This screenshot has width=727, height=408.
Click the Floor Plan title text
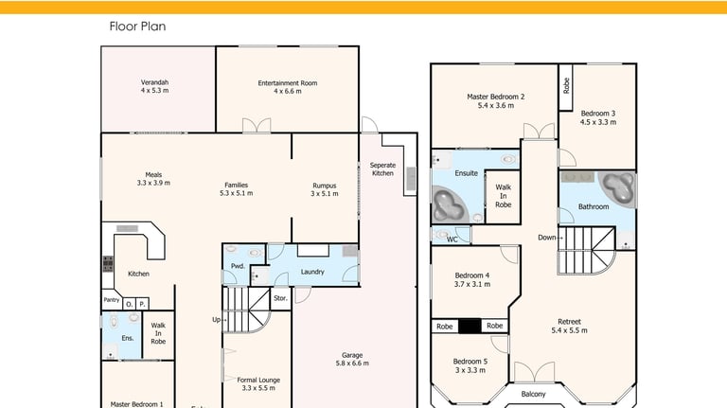click(x=137, y=27)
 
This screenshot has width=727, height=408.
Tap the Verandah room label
click(x=155, y=82)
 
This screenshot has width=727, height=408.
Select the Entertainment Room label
click(x=288, y=83)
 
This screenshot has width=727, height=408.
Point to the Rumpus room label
click(x=324, y=186)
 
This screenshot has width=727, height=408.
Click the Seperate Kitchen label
click(x=383, y=169)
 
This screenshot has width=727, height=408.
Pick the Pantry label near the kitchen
click(x=112, y=300)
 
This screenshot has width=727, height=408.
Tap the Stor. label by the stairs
click(x=280, y=298)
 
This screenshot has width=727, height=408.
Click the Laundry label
click(x=312, y=272)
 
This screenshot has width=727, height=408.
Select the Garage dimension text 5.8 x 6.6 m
click(x=352, y=364)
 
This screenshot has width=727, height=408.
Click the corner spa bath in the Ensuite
click(x=448, y=204)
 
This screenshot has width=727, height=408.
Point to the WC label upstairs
click(x=452, y=239)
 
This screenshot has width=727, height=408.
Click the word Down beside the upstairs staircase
click(x=546, y=238)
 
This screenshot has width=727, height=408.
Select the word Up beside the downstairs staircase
click(x=216, y=319)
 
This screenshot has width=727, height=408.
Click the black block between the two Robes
click(x=470, y=326)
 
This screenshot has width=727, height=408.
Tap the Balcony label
click(x=533, y=394)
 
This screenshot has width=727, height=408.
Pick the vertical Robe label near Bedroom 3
click(x=566, y=86)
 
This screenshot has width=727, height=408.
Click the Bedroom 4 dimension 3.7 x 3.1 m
click(x=472, y=284)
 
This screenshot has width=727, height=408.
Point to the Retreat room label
click(x=569, y=322)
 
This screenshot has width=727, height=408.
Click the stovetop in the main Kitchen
click(x=108, y=264)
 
